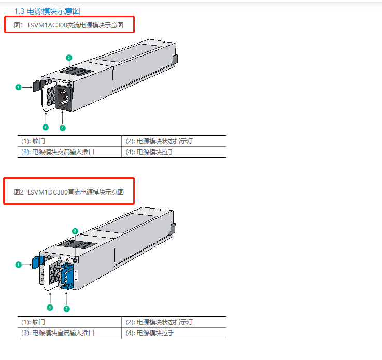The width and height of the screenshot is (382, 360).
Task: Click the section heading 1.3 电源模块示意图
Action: click(47, 11)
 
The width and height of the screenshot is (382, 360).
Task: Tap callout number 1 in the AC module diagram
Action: click(18, 87)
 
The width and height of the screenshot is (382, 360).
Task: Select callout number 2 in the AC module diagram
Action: click(69, 58)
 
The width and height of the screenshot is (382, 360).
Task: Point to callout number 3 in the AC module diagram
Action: click(63, 128)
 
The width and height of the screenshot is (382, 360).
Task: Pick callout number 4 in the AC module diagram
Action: click(46, 127)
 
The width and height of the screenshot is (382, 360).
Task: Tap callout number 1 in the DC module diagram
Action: click(18, 265)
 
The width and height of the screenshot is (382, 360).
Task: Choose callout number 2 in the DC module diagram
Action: click(75, 231)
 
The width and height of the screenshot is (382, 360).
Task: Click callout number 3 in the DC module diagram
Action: click(67, 309)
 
